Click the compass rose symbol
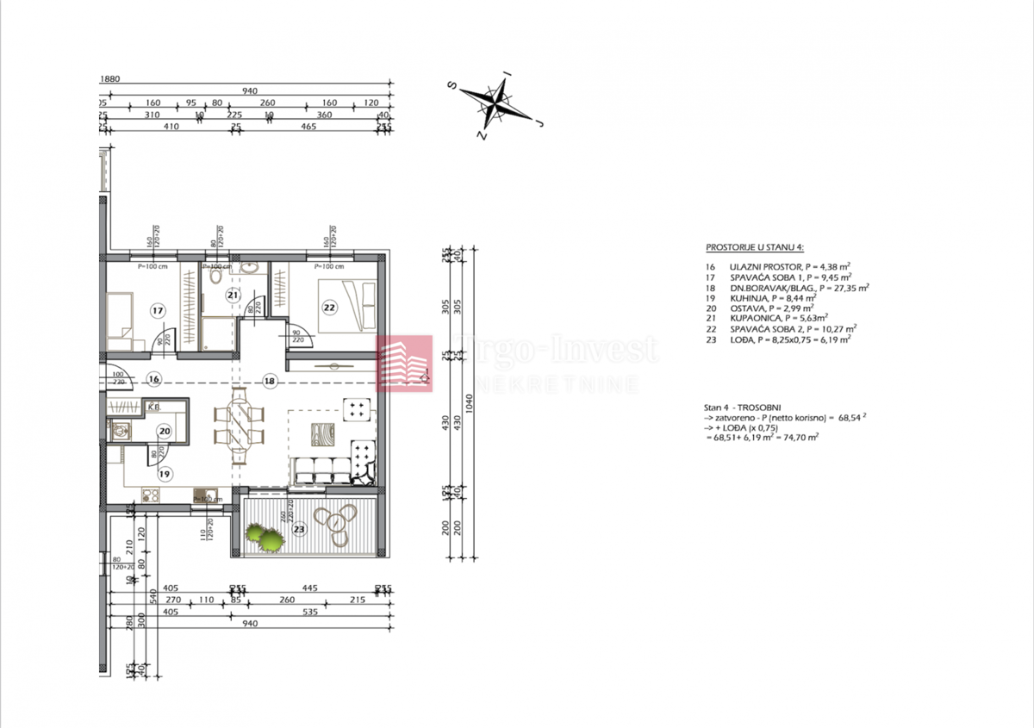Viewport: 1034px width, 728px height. pyautogui.click(x=497, y=104)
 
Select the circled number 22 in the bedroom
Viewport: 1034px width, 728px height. pyautogui.click(x=329, y=307)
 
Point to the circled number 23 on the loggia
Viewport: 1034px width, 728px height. pyautogui.click(x=299, y=529)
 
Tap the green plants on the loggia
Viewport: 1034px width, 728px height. pyautogui.click(x=265, y=538)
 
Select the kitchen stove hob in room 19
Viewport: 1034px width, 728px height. pyautogui.click(x=151, y=495)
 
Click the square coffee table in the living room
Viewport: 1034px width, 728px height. pyautogui.click(x=319, y=432)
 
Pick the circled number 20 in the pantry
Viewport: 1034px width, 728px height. pyautogui.click(x=164, y=433)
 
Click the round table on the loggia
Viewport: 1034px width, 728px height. pyautogui.click(x=334, y=520)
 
